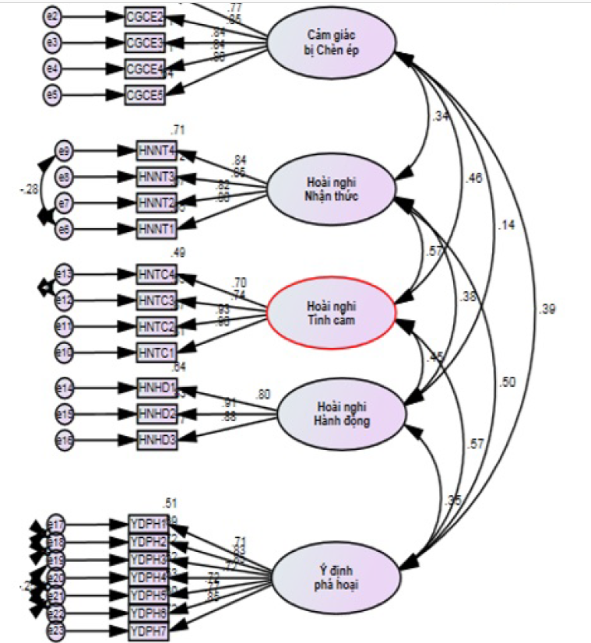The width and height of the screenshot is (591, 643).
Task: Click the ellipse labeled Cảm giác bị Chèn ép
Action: click(x=331, y=45)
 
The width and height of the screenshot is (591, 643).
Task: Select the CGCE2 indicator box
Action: click(x=145, y=16)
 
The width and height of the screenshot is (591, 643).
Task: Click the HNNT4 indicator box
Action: click(x=156, y=150)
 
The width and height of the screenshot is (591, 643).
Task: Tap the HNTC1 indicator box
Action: click(x=156, y=352)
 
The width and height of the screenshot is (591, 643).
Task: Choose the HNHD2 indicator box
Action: click(x=157, y=413)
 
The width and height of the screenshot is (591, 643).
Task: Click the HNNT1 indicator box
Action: click(x=156, y=229)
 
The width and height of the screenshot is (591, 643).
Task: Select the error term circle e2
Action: click(x=52, y=15)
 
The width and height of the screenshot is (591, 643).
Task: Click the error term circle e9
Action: click(x=64, y=150)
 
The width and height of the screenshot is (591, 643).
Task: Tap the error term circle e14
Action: click(x=64, y=387)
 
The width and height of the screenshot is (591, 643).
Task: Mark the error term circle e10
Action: click(x=64, y=353)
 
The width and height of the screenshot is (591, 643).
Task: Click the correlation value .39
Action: click(x=547, y=310)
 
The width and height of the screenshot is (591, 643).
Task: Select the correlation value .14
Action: click(x=508, y=225)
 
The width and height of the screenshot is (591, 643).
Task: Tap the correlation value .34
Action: click(x=441, y=118)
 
